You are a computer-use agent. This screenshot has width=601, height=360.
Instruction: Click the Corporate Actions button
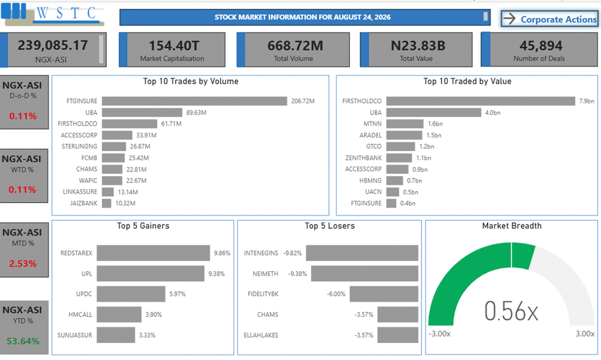[549, 19]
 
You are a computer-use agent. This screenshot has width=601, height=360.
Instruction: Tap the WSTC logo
[52, 14]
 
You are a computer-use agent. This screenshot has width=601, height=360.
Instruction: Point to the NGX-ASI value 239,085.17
[53, 45]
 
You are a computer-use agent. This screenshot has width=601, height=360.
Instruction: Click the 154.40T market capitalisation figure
[174, 46]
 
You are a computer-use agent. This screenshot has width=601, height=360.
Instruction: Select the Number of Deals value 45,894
[541, 46]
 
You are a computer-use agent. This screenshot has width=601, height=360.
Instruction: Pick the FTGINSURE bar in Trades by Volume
[194, 101]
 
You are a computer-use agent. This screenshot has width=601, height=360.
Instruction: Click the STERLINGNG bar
[114, 146]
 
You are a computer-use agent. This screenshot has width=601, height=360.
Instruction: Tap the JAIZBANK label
[83, 203]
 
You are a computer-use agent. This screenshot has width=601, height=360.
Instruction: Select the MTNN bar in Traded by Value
[405, 124]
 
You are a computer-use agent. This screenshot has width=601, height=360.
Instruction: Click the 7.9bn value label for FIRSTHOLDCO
[586, 101]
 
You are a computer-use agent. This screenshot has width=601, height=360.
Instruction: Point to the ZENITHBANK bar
[399, 158]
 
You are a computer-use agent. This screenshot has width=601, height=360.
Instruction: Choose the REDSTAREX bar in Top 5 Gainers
[153, 253]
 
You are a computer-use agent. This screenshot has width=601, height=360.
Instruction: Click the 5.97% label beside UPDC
[177, 294]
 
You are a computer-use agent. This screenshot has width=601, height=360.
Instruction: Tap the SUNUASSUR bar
[116, 335]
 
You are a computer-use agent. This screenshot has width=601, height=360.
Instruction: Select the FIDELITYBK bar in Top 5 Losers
[384, 294]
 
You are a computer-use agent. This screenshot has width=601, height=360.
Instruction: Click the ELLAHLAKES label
[261, 335]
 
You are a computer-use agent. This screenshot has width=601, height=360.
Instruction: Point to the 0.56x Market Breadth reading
[511, 311]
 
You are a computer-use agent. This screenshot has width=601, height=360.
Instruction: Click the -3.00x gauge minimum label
[440, 334]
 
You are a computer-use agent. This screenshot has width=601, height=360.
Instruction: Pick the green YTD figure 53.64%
[23, 341]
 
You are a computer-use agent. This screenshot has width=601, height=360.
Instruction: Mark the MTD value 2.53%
[23, 263]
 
